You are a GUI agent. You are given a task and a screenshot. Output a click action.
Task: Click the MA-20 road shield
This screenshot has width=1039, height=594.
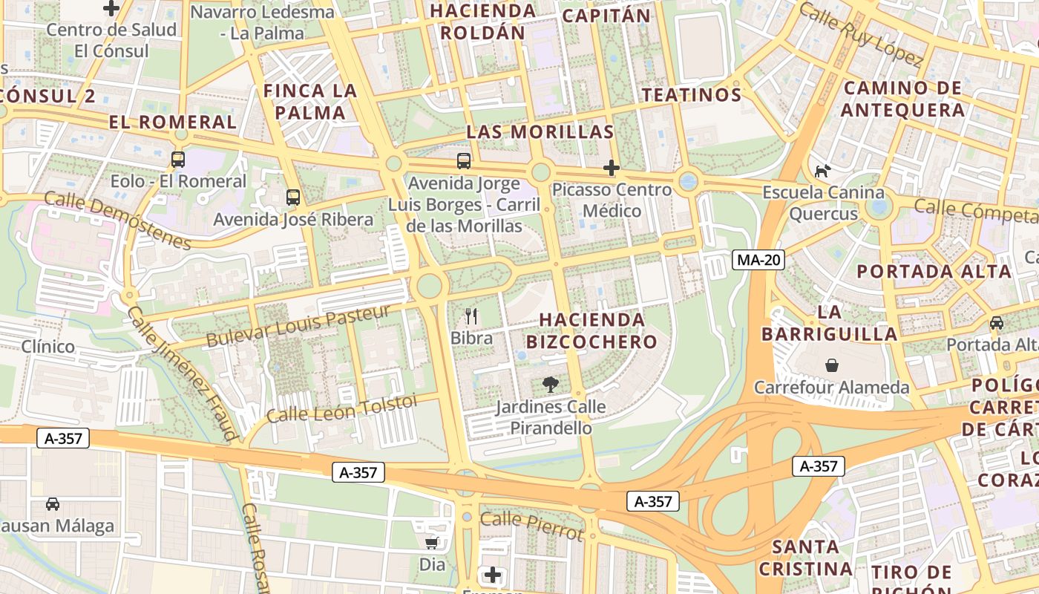pyautogui.click(x=758, y=260)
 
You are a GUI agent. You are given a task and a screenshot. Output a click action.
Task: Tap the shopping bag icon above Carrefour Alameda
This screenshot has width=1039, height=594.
pyautogui.click(x=832, y=365)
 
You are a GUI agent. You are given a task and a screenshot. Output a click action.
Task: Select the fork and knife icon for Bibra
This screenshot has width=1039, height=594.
pyautogui.click(x=471, y=316)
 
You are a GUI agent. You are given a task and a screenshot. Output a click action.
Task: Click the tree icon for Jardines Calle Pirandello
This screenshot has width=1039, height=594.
pyautogui.click(x=550, y=385)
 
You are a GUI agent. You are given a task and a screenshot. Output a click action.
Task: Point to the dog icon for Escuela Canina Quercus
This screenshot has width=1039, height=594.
pyautogui.click(x=822, y=171)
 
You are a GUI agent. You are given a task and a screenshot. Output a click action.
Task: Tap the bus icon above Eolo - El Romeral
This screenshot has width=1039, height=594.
pyautogui.click(x=178, y=159)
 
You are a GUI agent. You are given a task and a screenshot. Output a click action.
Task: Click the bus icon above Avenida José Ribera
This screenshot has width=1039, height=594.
pyautogui.click(x=293, y=198)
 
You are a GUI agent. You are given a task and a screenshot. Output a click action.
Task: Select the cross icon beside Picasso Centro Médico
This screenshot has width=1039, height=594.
pyautogui.click(x=612, y=168)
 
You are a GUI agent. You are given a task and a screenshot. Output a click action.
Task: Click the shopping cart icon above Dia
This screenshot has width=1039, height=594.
pyautogui.click(x=432, y=543)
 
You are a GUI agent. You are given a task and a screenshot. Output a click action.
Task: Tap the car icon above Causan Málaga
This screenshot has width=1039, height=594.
pyautogui.click(x=53, y=504)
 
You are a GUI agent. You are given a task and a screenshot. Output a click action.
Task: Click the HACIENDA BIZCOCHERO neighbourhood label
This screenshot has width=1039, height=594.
pyautogui.click(x=591, y=330)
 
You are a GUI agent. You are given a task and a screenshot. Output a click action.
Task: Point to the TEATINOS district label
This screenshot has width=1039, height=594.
pyautogui.click(x=692, y=95)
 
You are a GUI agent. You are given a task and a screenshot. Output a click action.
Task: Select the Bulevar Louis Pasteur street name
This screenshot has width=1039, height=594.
pyautogui.click(x=298, y=325)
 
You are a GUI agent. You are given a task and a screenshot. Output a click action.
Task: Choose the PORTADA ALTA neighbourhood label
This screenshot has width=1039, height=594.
pyautogui.click(x=934, y=271)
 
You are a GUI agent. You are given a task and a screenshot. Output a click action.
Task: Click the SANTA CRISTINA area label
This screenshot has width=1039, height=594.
pyautogui.click(x=805, y=558)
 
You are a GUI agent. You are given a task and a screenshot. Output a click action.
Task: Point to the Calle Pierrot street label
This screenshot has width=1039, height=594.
pyautogui.click(x=531, y=526)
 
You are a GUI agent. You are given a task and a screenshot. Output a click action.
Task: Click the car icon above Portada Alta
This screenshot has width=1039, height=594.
pyautogui.click(x=997, y=323)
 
